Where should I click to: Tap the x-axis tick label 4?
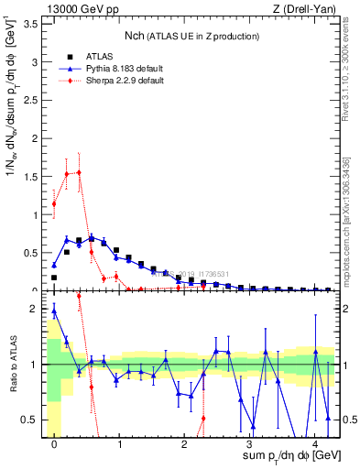click(314, 443)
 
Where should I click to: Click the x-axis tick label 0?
click(55, 443)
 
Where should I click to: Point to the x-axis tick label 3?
click(249, 443)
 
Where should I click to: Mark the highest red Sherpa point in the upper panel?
click(79, 172)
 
